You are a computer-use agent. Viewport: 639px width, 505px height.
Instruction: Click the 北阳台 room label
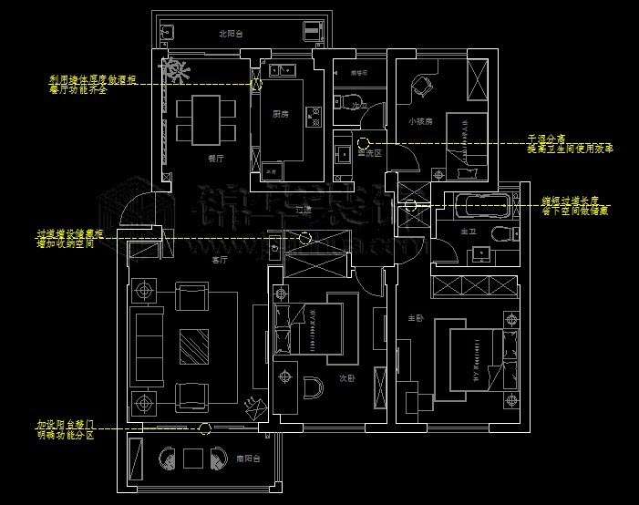231,34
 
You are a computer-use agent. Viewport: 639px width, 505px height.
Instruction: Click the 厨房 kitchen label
281,115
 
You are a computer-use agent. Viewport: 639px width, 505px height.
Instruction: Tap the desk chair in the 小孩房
421,87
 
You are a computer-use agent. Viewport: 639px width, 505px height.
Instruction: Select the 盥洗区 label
368,153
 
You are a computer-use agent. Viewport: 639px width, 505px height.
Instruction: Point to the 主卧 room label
415,318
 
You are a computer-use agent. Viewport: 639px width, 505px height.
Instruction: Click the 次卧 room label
347,376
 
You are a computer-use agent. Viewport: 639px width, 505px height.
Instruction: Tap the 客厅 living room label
219,260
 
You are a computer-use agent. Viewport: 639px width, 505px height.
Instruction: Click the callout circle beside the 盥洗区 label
363,142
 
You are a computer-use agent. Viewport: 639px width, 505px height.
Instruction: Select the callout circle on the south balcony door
208,428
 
